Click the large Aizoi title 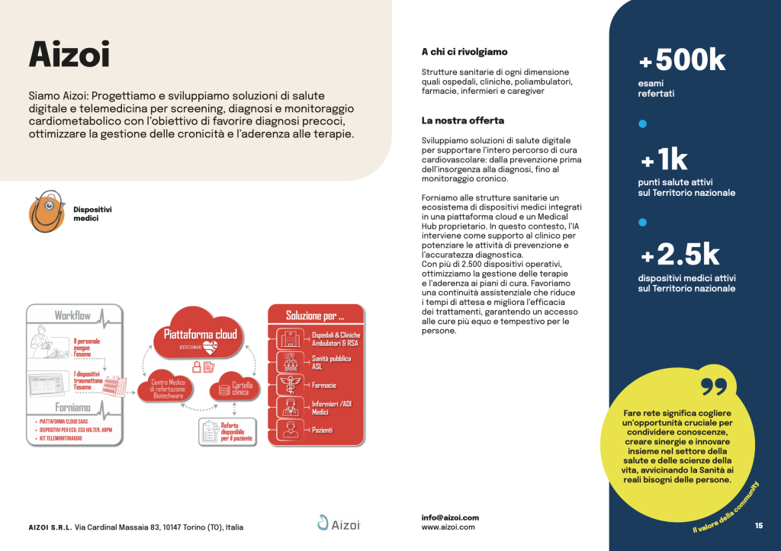69,55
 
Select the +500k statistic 682,60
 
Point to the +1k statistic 664,160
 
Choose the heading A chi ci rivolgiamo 464,53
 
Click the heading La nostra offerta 462,120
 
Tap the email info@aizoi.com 450,517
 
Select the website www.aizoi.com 448,527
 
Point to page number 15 759,525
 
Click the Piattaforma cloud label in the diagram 201,335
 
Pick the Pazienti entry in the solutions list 322,431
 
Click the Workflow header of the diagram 72,315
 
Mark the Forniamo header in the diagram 73,408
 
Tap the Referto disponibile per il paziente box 229,433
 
